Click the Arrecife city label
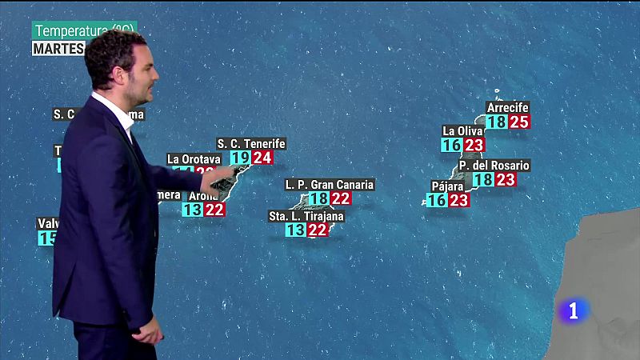[x=508, y=107]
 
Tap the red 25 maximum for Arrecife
[x=520, y=122]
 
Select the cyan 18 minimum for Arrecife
[x=497, y=122]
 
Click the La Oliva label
[x=463, y=130]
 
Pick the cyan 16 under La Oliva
[x=451, y=145]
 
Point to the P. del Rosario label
[x=494, y=166]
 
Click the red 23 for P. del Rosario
[x=506, y=180]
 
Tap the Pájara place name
[x=447, y=186]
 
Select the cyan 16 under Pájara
[x=436, y=201]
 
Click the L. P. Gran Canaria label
[x=330, y=185]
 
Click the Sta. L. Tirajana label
[x=306, y=216]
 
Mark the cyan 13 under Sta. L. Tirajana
[x=295, y=230]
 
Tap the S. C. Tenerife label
[x=250, y=144]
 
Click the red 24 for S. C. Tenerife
[x=262, y=158]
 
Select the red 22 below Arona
[x=214, y=210]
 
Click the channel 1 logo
[x=574, y=310]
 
